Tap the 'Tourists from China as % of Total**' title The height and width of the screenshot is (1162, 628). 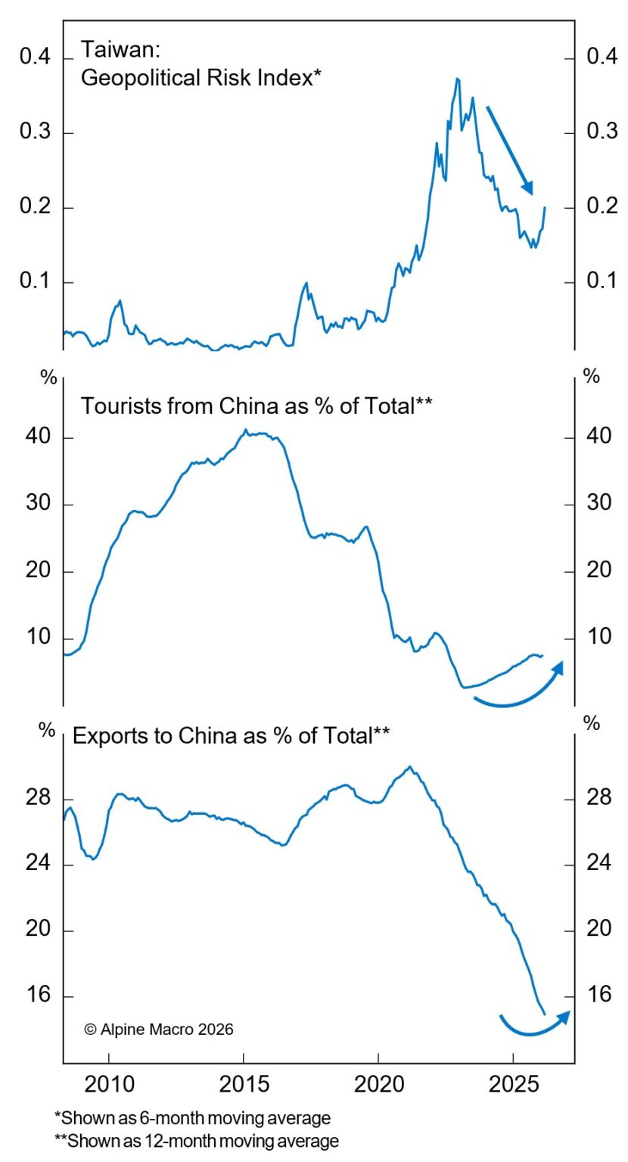[257, 405]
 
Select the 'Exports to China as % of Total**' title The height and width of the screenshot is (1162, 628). [231, 735]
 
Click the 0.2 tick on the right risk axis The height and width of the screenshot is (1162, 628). [602, 207]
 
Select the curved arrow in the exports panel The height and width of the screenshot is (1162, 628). [533, 1024]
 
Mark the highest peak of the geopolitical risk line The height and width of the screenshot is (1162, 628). [457, 79]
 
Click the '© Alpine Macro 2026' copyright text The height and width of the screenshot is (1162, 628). [158, 1029]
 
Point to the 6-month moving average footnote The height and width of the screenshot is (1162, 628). [193, 1117]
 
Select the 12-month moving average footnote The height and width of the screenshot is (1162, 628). [197, 1141]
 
